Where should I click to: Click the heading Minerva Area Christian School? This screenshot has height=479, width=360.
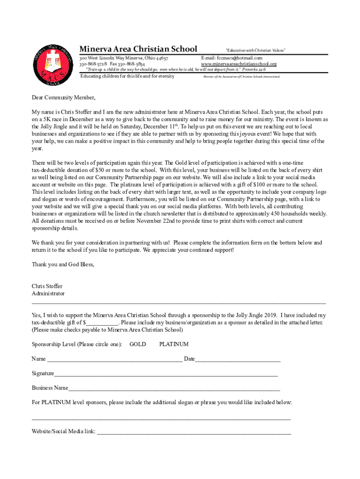tap(138, 49)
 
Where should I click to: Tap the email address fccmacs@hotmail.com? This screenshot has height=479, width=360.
tap(232, 58)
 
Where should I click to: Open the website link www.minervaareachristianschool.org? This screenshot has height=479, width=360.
tap(238, 64)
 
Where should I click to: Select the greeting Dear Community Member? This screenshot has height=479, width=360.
tap(63, 98)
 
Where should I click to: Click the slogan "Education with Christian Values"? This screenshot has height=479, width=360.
tap(255, 50)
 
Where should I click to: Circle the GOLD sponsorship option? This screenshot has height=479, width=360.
tap(137, 344)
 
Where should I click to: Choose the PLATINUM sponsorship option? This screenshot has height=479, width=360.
tap(174, 344)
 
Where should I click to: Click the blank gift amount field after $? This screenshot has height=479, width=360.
tap(102, 323)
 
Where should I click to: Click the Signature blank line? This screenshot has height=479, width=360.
tap(166, 374)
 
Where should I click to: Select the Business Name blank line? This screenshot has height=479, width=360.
tap(174, 388)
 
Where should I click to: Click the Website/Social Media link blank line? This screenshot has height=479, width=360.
tap(194, 432)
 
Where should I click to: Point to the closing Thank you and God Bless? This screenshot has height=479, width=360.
tap(63, 264)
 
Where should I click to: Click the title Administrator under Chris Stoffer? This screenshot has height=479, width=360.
tap(48, 293)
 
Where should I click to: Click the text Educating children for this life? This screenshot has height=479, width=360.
tap(127, 76)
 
